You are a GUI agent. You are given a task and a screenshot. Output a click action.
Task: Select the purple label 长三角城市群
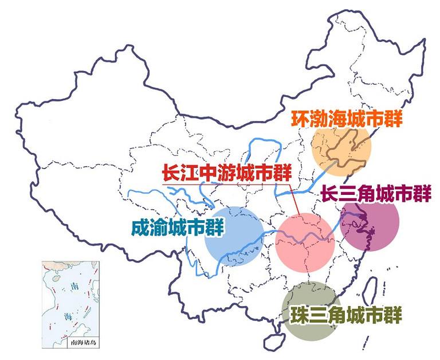pos(375,194)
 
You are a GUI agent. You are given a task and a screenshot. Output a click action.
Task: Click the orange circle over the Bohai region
pos(342,147)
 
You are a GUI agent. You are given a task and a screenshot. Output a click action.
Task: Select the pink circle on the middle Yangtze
pos(304,243)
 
